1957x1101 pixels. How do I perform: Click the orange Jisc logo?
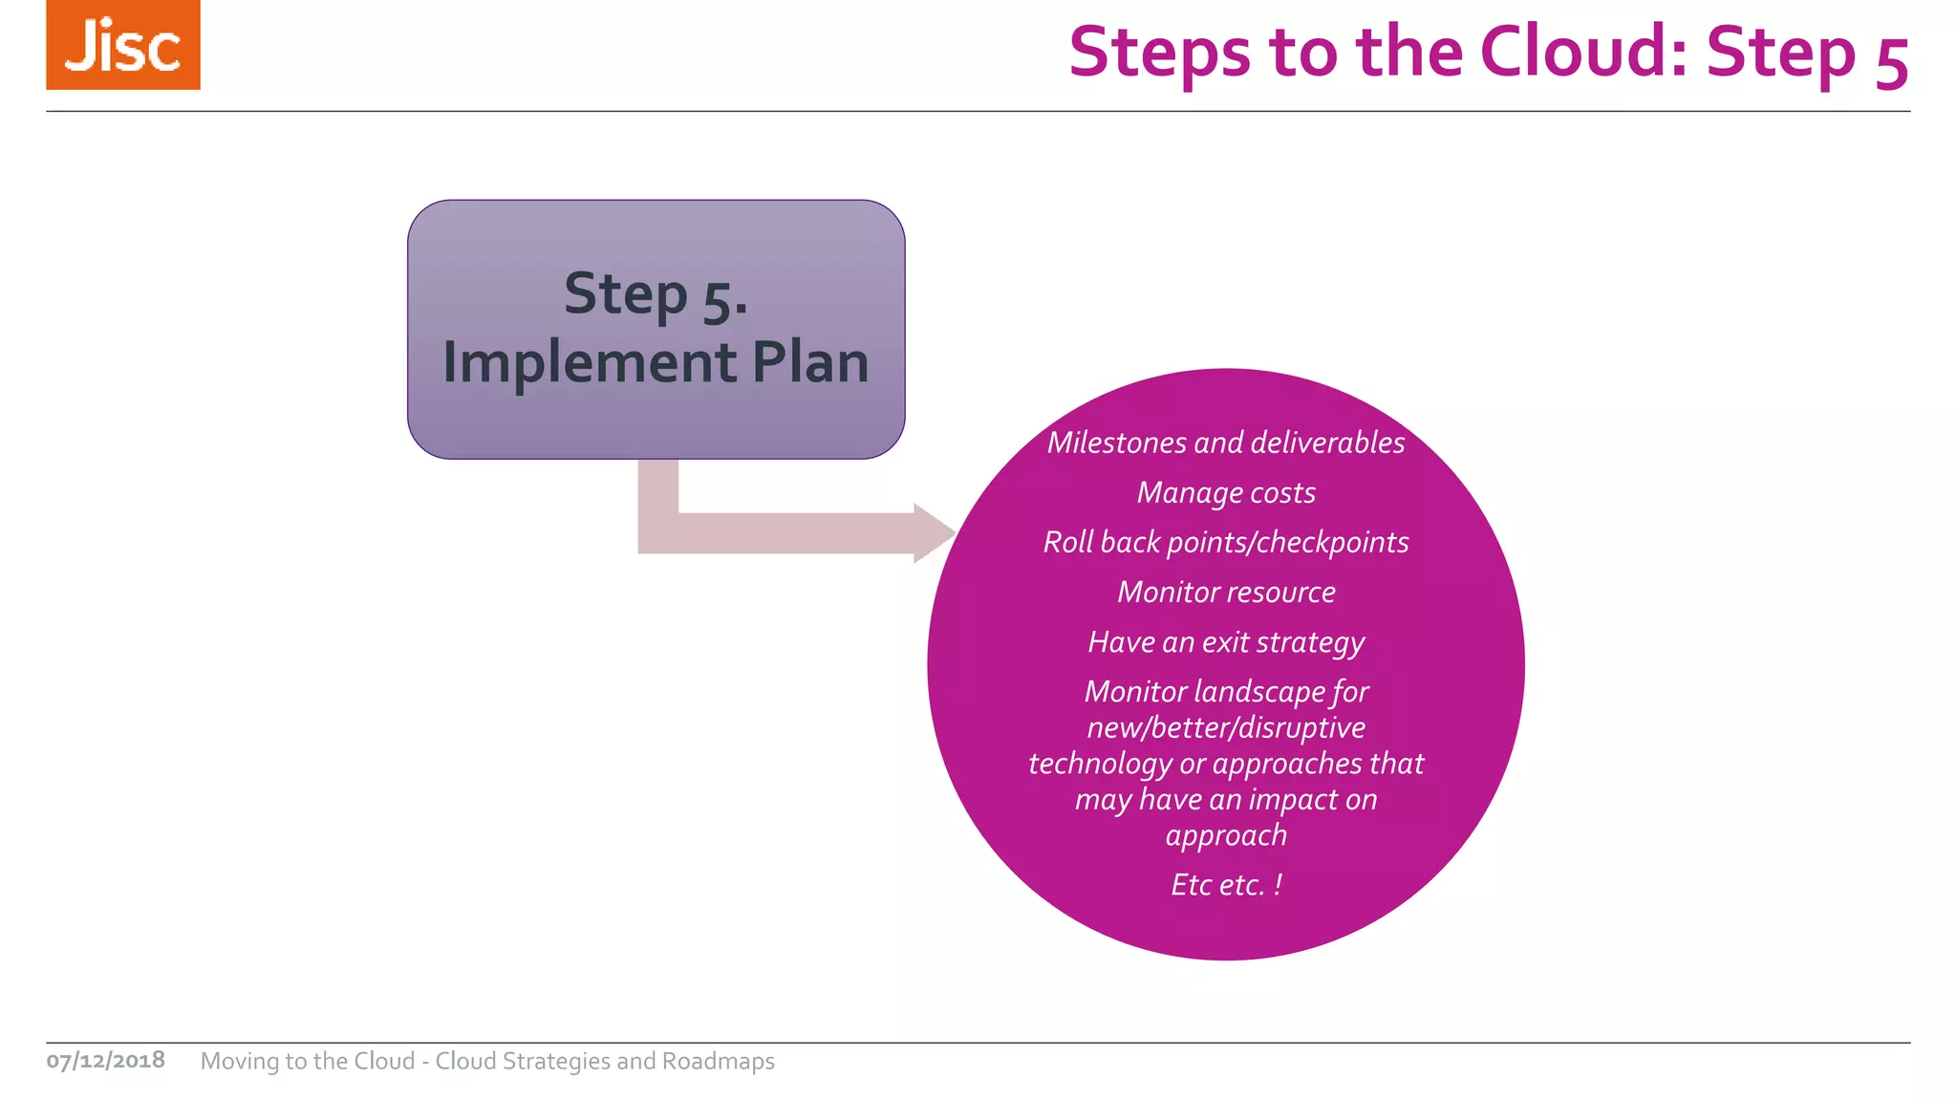point(123,45)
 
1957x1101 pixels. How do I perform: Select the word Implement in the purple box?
point(590,363)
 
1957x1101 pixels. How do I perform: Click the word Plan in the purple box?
point(810,363)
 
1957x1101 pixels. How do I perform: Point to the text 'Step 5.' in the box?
point(656,294)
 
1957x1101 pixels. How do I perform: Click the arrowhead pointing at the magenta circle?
point(933,533)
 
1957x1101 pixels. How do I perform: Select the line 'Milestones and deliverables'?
point(1226,443)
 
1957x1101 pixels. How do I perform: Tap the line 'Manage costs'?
point(1226,492)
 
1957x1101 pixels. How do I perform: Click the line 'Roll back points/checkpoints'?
point(1226,542)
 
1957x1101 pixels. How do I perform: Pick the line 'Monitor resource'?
point(1226,592)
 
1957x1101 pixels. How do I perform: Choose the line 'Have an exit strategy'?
point(1226,642)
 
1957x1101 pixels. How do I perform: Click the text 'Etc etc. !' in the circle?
point(1226,885)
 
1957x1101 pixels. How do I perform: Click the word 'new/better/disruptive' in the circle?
point(1226,727)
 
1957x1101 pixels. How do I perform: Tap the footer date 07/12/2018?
point(106,1061)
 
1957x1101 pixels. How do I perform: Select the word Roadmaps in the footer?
point(718,1061)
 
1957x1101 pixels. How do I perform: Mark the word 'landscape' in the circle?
point(1257,691)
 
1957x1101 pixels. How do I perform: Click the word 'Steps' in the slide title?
point(1159,52)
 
